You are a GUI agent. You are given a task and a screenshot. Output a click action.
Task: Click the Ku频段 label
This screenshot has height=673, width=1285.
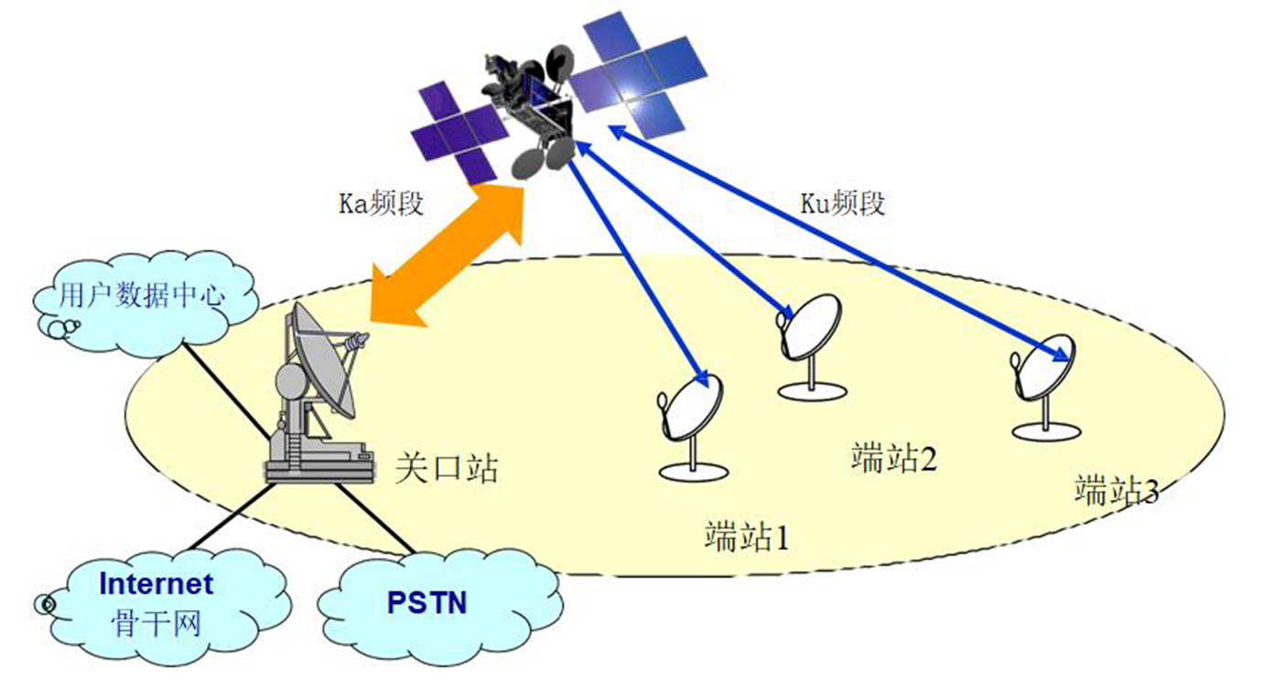(x=841, y=203)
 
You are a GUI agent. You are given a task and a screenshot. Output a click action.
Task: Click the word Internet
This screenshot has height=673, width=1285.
(x=156, y=583)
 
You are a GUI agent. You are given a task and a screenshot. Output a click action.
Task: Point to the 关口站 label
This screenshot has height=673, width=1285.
(x=448, y=468)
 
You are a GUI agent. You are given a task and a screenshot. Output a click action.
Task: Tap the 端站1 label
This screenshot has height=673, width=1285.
(x=746, y=536)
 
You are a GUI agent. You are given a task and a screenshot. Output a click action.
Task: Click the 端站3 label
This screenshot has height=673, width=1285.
(x=1117, y=491)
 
